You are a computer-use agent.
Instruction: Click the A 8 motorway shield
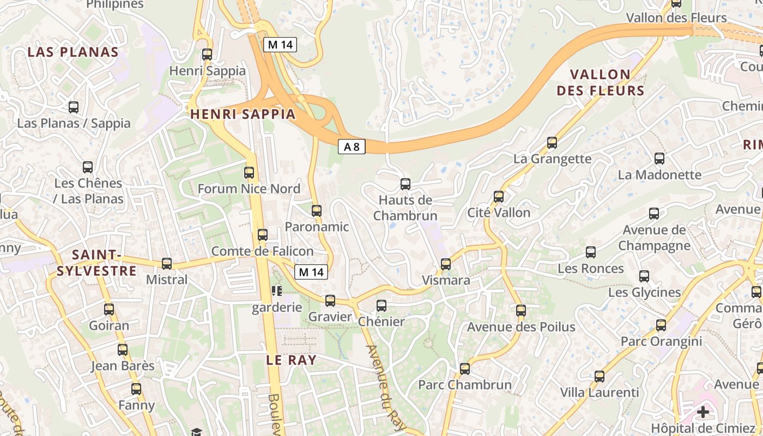[x=352, y=147]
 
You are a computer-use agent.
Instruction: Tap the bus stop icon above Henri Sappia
[x=207, y=55]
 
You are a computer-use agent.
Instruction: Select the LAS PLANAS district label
[x=73, y=52]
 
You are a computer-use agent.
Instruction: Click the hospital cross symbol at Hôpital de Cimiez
[x=703, y=411]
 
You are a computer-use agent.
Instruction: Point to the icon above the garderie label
[x=277, y=291]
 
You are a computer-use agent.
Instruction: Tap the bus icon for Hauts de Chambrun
[x=405, y=184]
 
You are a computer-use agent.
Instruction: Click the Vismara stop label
[x=446, y=280]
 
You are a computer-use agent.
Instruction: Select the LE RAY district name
[x=291, y=360]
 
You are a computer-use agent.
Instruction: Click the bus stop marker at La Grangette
[x=552, y=143]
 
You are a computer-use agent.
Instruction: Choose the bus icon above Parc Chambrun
[x=465, y=369]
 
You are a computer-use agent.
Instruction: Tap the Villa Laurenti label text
[x=599, y=392]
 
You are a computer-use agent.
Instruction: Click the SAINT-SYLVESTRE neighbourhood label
[x=97, y=263]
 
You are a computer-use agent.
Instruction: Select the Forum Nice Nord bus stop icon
[x=249, y=173]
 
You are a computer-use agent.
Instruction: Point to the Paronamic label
[x=317, y=227]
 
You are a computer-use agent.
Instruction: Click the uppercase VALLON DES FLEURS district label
[x=600, y=82]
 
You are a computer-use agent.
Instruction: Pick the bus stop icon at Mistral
[x=167, y=264]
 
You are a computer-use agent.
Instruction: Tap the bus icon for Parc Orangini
[x=661, y=326]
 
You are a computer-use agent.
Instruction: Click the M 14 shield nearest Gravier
[x=311, y=272]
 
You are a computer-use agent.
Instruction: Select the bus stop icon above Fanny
[x=136, y=389]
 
